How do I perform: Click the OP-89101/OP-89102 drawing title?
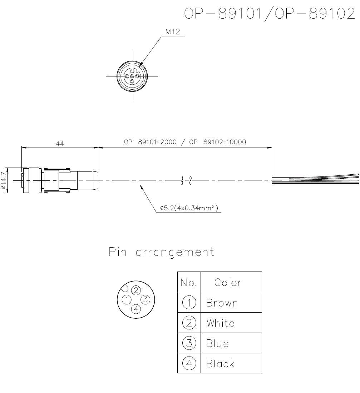pos(269,14)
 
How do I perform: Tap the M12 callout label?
pos(172,32)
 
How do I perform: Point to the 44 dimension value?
pos(60,144)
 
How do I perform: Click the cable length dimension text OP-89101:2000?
pos(150,142)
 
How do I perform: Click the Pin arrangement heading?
pos(161,252)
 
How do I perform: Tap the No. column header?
pos(189,283)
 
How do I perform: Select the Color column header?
pos(228,283)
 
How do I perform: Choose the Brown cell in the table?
pos(222,303)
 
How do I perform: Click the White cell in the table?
pos(220,323)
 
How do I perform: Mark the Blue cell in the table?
pos(217,344)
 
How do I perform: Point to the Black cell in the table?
pos(220,364)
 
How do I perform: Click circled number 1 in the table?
pos(189,303)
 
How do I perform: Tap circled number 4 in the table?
pos(189,364)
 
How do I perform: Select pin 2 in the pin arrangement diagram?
pos(136,290)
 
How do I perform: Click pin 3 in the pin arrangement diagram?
pos(145,299)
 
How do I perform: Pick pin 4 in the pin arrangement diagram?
pos(136,308)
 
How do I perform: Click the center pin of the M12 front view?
pos(132,76)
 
